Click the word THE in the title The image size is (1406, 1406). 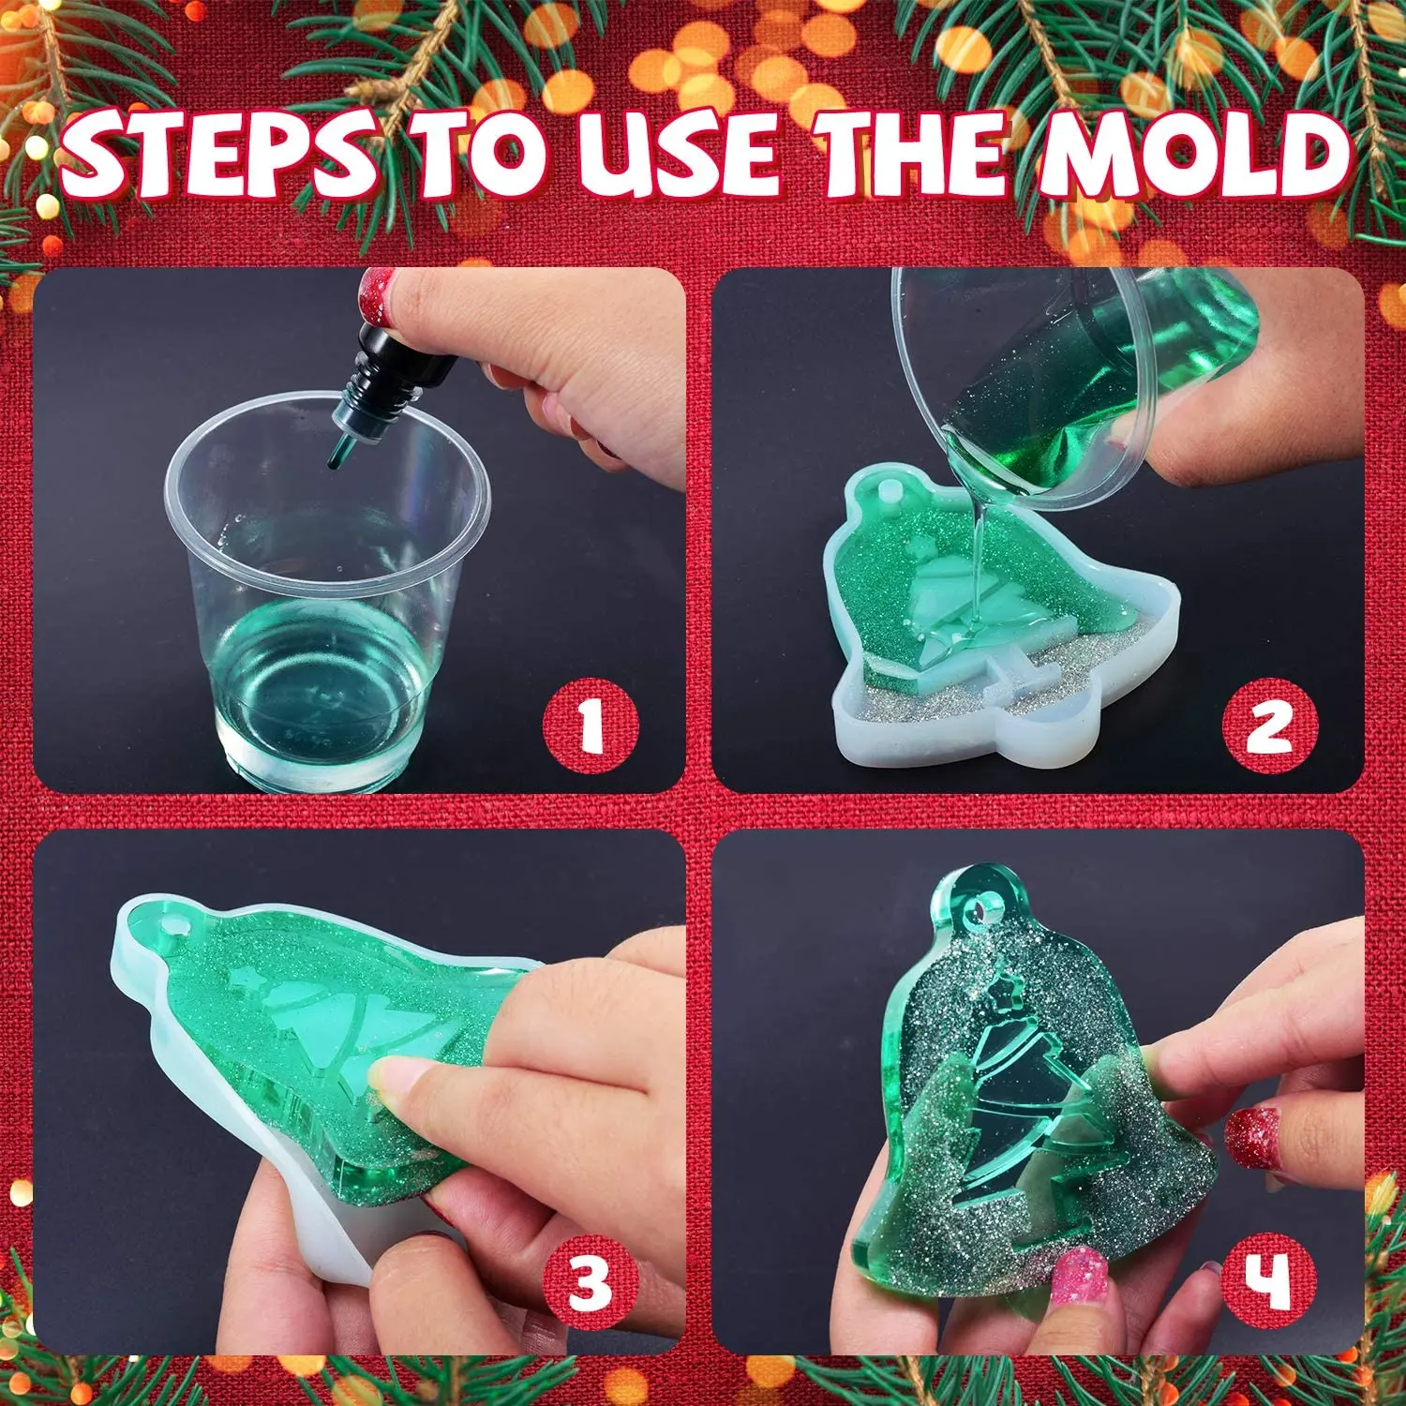pos(914,155)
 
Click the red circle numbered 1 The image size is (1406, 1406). pos(591,725)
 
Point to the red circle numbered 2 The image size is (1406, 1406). pos(1269,725)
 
